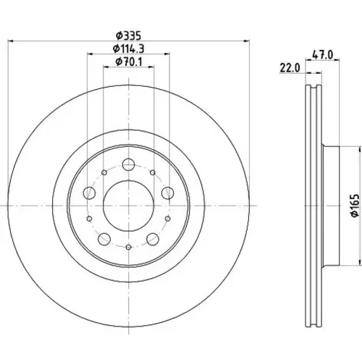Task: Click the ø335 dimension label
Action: [x=128, y=35]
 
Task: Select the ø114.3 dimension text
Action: [x=129, y=49]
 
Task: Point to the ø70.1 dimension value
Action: [x=129, y=62]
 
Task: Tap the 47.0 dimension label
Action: [x=322, y=55]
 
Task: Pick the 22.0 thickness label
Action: [x=290, y=68]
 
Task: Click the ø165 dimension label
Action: [x=355, y=206]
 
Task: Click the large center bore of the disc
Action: [x=128, y=206]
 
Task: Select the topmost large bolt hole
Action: [x=128, y=164]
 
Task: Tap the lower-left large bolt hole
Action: [x=104, y=239]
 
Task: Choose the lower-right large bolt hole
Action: [x=153, y=239]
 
